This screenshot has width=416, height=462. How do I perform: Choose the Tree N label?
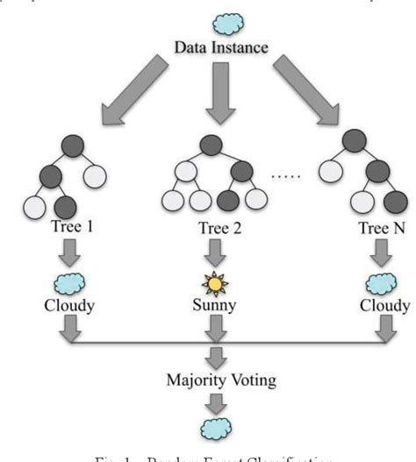[x=384, y=230]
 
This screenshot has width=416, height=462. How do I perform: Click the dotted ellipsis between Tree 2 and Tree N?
[x=286, y=176]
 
